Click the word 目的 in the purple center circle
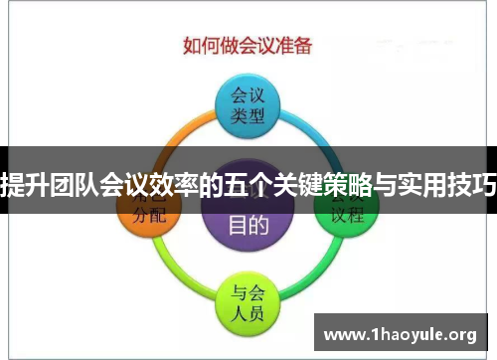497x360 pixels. point(248,224)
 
